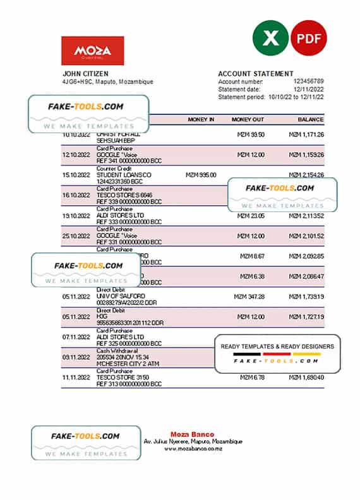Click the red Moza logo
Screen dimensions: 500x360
92,51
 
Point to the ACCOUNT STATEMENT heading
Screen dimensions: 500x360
255,73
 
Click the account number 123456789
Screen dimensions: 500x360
309,81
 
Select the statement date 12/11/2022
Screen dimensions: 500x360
309,89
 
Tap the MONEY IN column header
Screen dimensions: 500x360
201,119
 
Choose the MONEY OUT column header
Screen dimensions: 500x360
248,119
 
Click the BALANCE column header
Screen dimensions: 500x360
311,119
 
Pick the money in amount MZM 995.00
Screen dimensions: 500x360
201,175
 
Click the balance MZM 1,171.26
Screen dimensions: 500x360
306,134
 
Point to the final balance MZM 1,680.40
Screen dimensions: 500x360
306,377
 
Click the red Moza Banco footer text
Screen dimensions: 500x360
192,434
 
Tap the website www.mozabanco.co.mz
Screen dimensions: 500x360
192,448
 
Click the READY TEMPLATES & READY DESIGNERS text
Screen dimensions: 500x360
277,346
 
